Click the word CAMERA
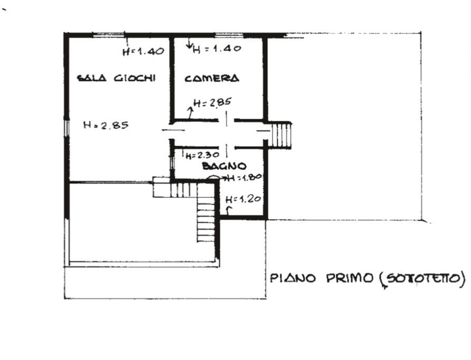(212, 78)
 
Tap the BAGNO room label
(224, 166)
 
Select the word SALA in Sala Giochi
(92, 78)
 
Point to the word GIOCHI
(135, 78)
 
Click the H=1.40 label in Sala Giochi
(143, 51)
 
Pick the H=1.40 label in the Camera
(217, 49)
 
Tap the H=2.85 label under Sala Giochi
(106, 125)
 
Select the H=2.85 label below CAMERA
(212, 102)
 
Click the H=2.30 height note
(202, 156)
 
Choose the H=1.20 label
(243, 199)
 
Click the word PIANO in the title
(293, 278)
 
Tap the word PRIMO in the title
(350, 278)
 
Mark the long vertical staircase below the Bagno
(206, 212)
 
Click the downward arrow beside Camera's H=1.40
(189, 43)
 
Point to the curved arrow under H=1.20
(229, 211)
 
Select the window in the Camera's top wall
(229, 36)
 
